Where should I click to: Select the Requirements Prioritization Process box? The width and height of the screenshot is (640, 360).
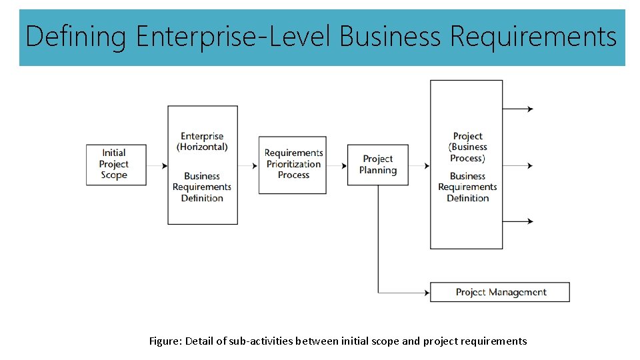(293, 165)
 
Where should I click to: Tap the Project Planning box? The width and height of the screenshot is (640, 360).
(377, 165)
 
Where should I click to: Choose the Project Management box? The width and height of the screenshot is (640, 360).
(500, 292)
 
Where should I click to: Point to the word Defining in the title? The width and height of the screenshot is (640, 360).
(75, 37)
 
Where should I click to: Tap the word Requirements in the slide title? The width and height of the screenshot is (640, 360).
(533, 37)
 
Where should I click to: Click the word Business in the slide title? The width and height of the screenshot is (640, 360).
(390, 37)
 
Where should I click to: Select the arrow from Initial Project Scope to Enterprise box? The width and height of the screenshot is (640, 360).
(157, 165)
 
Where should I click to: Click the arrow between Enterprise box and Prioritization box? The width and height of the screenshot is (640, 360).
(249, 165)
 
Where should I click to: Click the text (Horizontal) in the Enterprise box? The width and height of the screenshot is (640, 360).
(202, 147)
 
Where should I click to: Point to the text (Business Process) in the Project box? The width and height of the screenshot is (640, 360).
(467, 153)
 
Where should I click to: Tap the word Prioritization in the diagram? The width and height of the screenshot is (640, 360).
(293, 164)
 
